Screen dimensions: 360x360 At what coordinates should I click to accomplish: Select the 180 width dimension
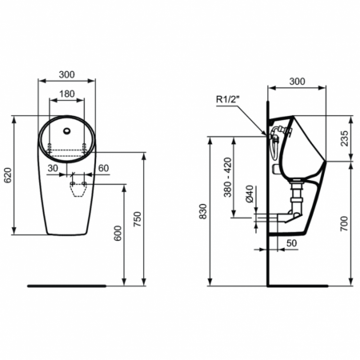[x=67, y=94]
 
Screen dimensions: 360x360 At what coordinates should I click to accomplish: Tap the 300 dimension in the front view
[x=66, y=74]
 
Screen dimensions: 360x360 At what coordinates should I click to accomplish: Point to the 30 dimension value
[x=52, y=168]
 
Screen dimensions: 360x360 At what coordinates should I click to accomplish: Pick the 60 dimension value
[x=103, y=168]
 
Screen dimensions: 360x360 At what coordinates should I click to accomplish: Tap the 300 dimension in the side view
[x=297, y=82]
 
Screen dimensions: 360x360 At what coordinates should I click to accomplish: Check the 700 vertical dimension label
[x=344, y=223]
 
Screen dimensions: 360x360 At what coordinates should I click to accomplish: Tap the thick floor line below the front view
[x=67, y=284]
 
